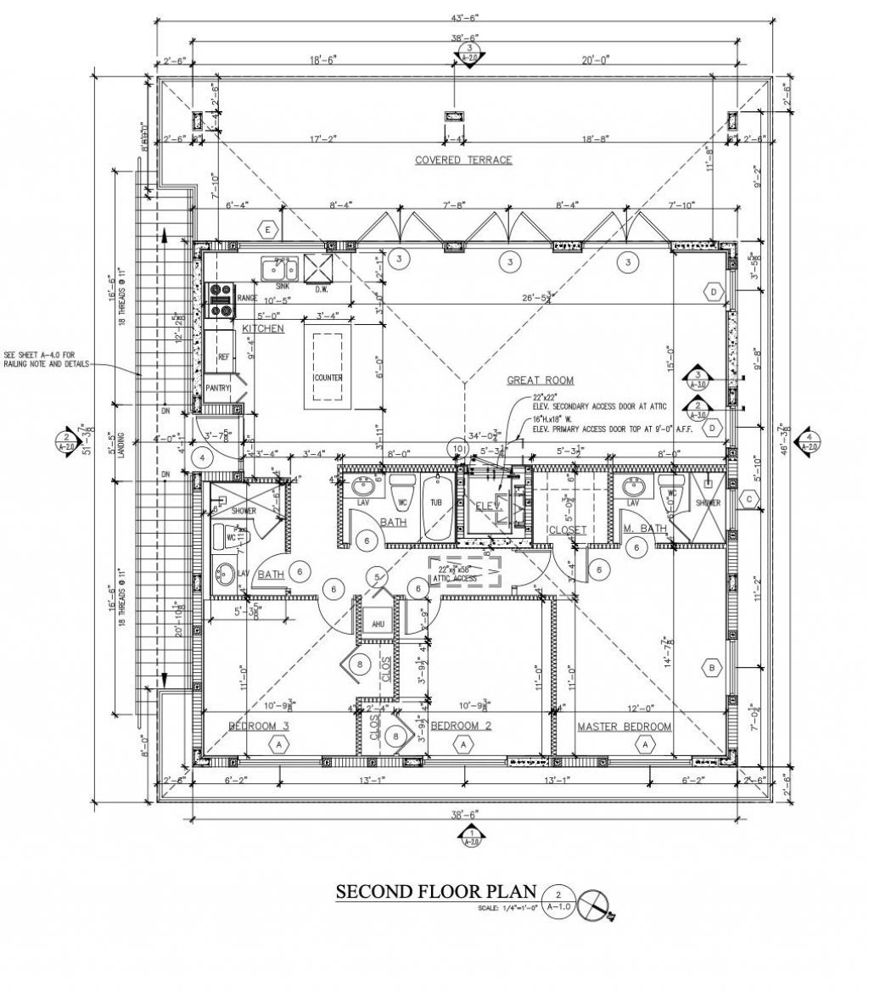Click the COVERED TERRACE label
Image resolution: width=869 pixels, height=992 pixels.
point(463,160)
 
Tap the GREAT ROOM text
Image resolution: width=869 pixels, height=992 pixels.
point(541,380)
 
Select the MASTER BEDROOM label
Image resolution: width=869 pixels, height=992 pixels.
point(625,726)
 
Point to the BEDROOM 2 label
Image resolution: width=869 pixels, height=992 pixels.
point(462,726)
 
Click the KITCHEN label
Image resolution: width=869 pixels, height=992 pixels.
point(263,328)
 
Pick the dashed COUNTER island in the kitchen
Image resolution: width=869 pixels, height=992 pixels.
point(328,367)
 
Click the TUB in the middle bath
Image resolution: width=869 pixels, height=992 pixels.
point(436,502)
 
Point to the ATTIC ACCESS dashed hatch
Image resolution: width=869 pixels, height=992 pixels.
point(465,574)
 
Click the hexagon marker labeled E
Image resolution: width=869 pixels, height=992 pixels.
point(269,230)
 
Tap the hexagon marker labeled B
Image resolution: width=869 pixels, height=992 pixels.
point(711,668)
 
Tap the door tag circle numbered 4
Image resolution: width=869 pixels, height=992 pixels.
point(202,457)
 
